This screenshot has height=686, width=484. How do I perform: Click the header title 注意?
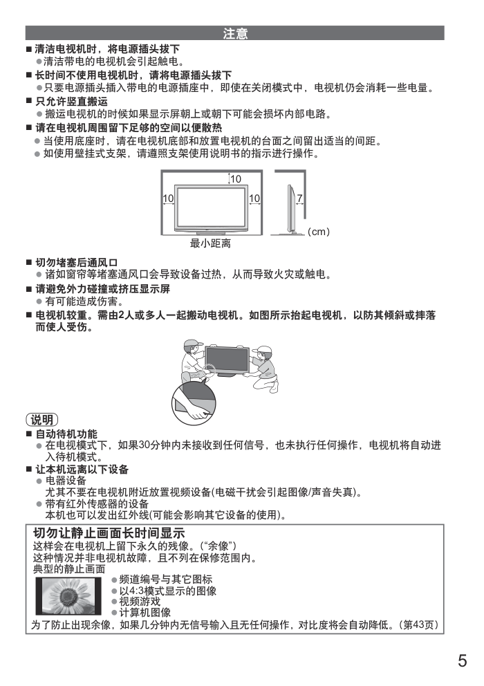click(x=235, y=33)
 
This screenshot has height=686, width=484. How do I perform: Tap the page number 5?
click(x=462, y=660)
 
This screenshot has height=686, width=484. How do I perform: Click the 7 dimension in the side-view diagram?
click(x=300, y=198)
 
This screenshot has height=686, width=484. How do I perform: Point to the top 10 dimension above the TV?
click(x=236, y=179)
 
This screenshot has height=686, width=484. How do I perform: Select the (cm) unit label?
click(x=319, y=232)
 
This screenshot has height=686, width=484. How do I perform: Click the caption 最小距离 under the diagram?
click(x=210, y=243)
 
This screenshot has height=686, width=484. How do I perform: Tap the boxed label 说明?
click(x=42, y=420)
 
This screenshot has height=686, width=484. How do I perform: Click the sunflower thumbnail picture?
click(x=68, y=596)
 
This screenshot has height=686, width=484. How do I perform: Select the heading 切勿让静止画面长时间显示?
click(x=109, y=533)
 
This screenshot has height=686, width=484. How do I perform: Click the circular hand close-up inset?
click(x=194, y=403)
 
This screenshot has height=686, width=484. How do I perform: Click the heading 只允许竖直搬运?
click(x=71, y=102)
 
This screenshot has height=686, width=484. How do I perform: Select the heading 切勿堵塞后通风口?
click(x=77, y=263)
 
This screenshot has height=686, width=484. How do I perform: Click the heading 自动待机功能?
click(x=66, y=434)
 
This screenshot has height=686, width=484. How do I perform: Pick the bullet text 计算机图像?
click(x=145, y=613)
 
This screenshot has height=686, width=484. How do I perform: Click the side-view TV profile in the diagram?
click(x=290, y=209)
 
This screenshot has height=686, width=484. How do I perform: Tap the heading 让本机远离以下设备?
click(x=82, y=470)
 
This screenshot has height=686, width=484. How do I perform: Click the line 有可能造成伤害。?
click(x=85, y=302)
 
